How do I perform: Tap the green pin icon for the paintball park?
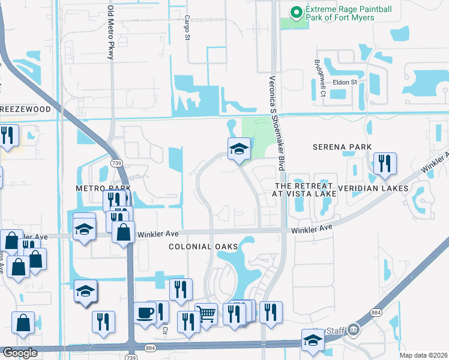(x=296, y=11)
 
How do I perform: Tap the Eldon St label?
(x=345, y=82)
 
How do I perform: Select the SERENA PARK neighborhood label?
(x=342, y=147)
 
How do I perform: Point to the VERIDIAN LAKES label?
(x=373, y=188)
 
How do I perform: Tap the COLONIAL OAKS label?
(x=203, y=247)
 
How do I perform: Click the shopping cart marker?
(x=206, y=313)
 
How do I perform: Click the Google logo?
(x=20, y=353)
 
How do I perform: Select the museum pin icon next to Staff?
(x=354, y=329)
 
